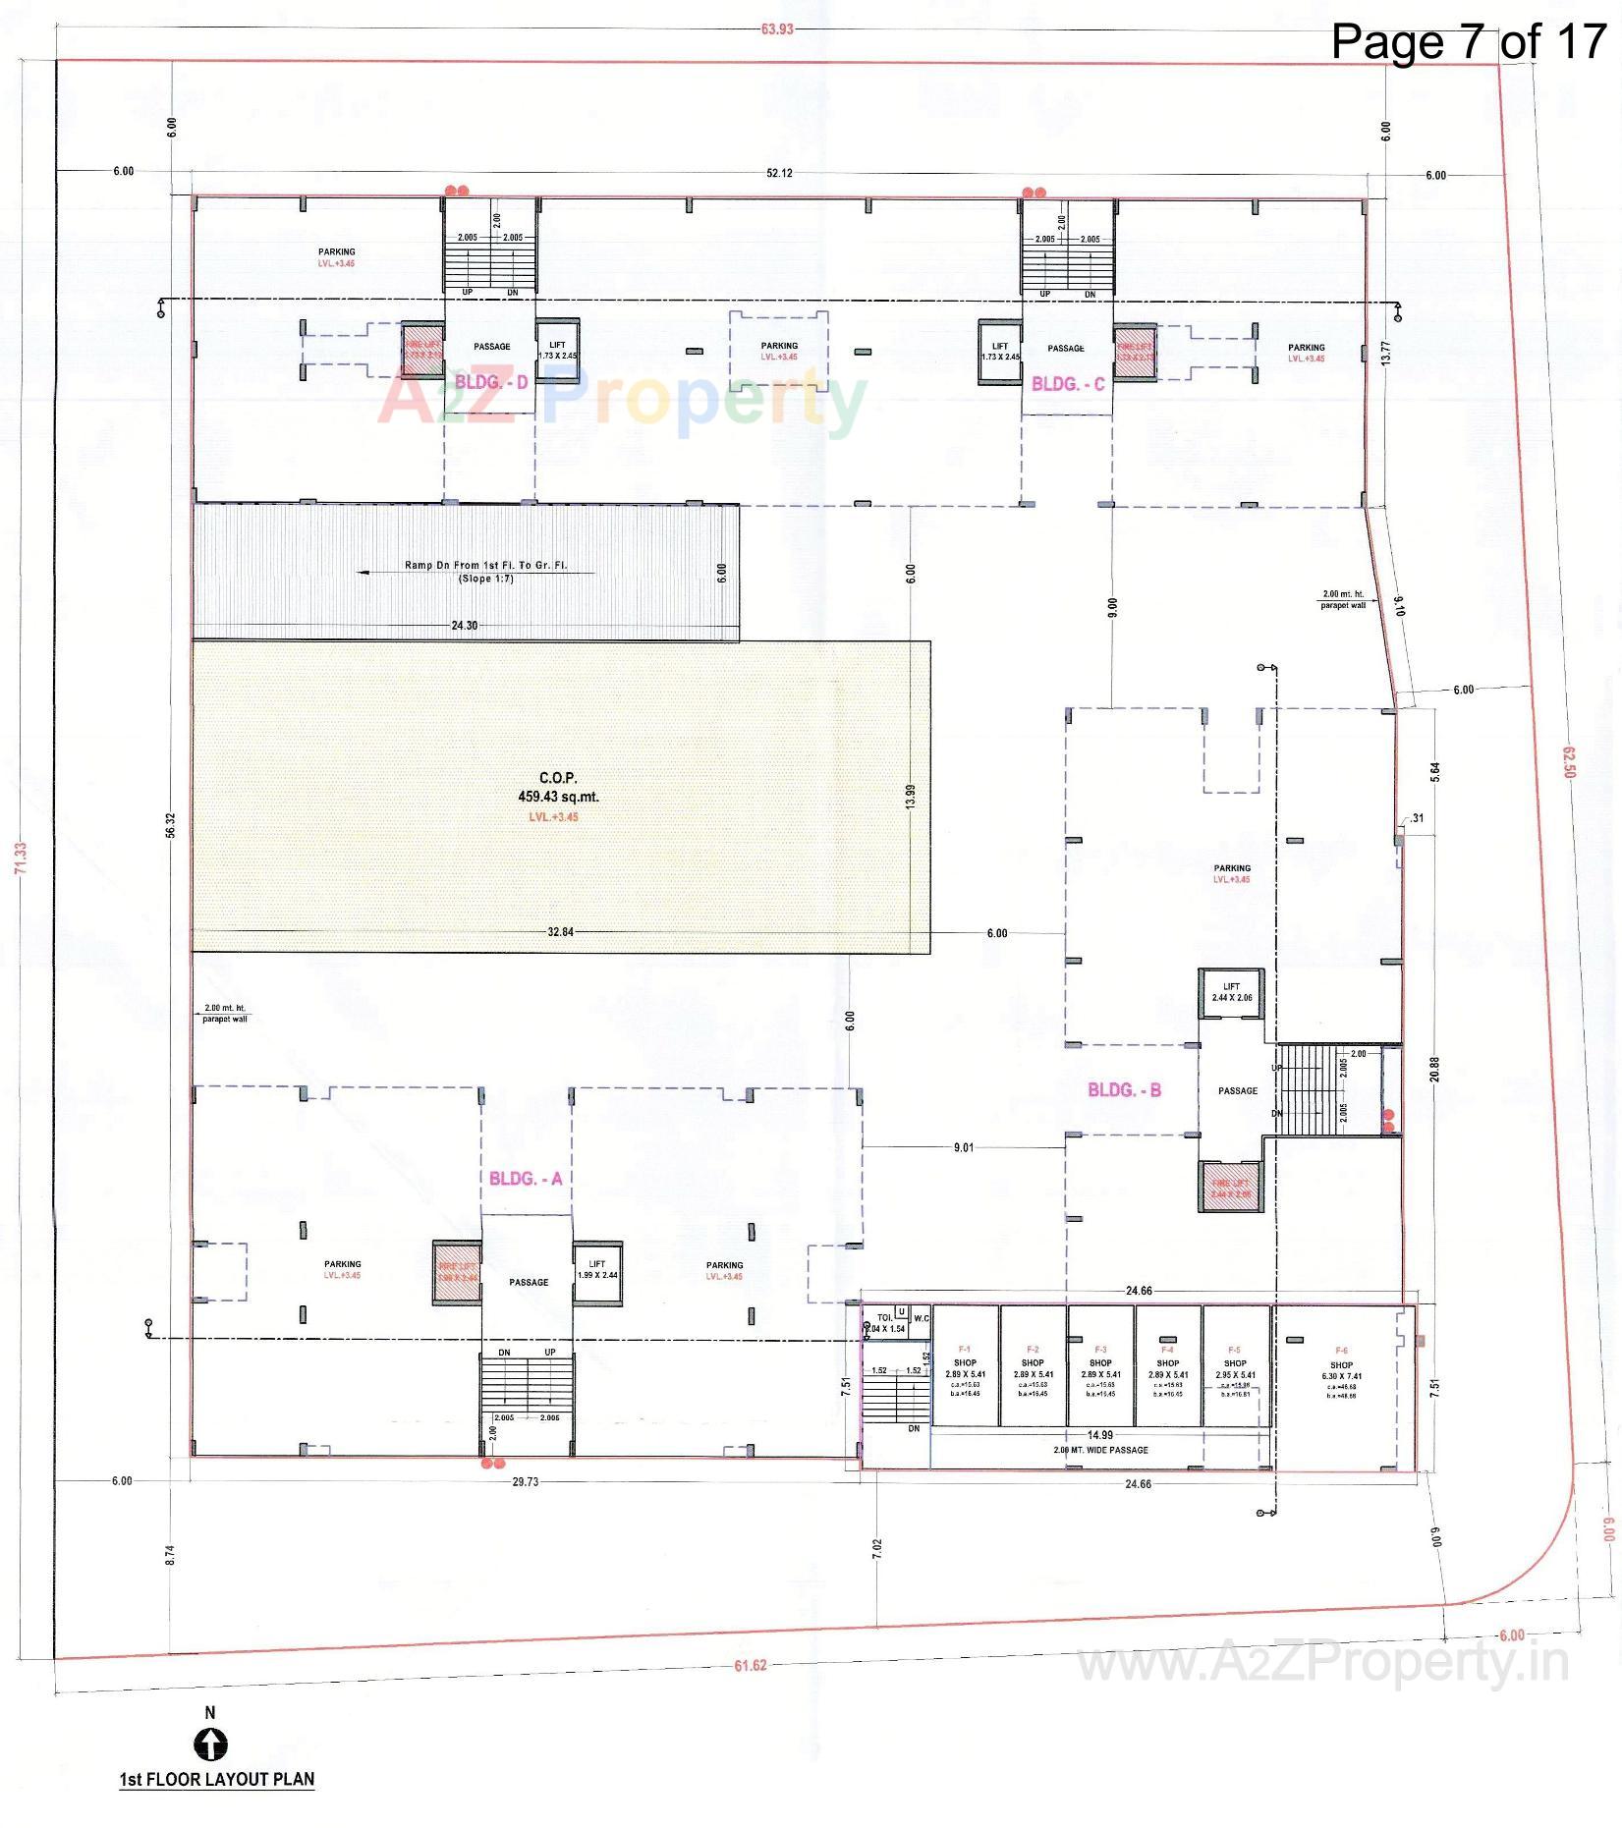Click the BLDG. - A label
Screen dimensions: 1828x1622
click(526, 1179)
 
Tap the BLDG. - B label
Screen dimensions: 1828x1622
click(1124, 1090)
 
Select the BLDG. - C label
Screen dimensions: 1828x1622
click(1068, 384)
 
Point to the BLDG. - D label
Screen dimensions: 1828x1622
click(491, 382)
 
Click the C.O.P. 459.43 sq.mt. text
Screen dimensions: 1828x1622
click(558, 788)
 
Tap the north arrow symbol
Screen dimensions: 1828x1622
click(210, 1745)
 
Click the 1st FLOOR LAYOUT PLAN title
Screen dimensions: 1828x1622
click(217, 1779)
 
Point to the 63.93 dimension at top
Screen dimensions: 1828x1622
click(776, 29)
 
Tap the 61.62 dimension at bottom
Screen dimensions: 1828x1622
click(750, 1665)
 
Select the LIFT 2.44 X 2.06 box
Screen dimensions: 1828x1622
click(1231, 992)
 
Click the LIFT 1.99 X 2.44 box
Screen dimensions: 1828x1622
click(597, 1270)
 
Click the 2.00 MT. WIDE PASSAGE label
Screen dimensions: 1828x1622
click(1100, 1450)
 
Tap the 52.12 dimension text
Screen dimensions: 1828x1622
click(779, 174)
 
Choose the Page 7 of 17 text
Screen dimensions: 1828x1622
click(1468, 41)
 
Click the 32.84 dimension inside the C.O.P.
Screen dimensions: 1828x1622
click(560, 932)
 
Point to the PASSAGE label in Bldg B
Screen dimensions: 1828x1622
click(1237, 1091)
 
